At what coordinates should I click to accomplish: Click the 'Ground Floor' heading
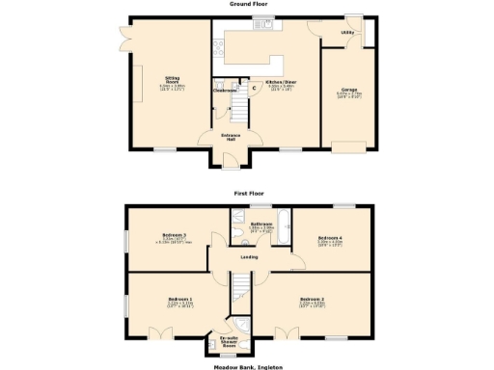(247, 4)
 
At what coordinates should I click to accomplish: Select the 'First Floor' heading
(247, 193)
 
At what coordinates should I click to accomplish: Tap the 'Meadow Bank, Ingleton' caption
(247, 366)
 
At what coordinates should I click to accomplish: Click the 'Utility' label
(346, 33)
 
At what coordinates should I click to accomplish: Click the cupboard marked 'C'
(253, 89)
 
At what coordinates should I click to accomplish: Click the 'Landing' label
(247, 257)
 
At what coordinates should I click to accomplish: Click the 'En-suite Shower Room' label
(230, 341)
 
